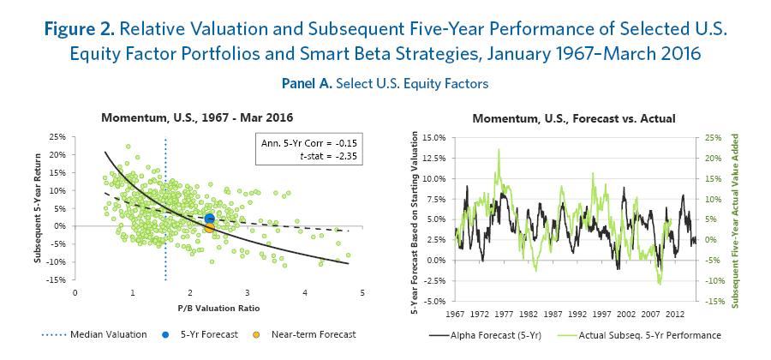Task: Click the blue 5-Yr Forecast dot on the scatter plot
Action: (210, 219)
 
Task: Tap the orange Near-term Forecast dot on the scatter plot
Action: (209, 227)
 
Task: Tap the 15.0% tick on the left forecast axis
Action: (434, 136)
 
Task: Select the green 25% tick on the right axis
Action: (713, 136)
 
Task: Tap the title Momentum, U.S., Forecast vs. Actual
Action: (573, 118)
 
